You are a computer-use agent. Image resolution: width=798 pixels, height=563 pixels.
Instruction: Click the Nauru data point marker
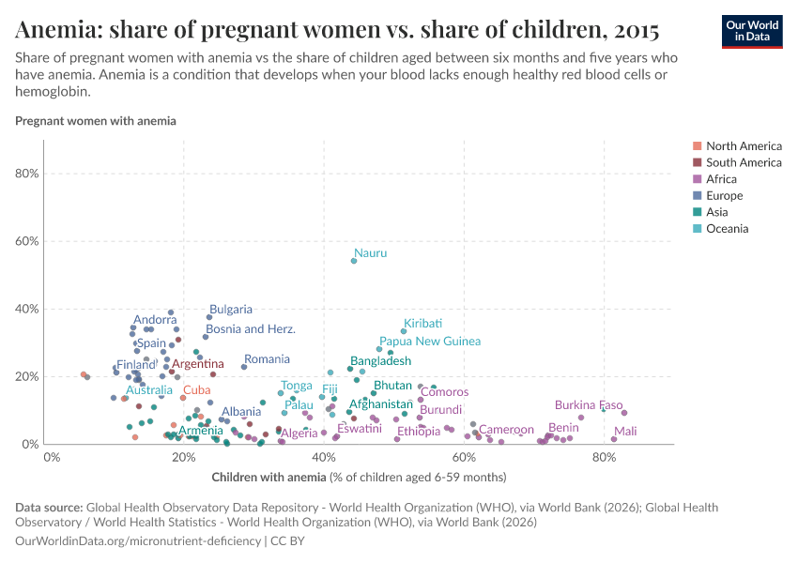point(354,261)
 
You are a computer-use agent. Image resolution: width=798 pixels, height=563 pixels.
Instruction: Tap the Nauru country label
point(371,253)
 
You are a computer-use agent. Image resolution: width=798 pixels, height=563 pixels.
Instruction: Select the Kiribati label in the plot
point(422,323)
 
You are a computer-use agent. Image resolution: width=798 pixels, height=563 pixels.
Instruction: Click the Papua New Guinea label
point(430,342)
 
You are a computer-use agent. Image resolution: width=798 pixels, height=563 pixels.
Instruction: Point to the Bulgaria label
point(231,309)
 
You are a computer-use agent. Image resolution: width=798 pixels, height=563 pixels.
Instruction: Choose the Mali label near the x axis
point(625,432)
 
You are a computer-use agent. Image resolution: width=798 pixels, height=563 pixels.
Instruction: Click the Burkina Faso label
point(589,405)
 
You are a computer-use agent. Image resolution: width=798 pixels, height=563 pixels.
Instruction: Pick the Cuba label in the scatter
point(196,389)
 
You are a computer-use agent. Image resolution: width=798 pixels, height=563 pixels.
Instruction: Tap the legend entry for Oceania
point(728,229)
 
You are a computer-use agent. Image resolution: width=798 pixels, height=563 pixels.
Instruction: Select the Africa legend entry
point(722,179)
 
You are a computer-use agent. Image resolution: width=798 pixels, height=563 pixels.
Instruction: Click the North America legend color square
point(697,146)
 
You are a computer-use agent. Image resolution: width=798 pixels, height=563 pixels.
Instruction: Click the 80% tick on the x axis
point(604,457)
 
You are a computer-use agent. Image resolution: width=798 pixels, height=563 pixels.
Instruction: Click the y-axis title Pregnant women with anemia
point(96,121)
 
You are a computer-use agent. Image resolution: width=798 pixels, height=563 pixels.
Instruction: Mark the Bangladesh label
point(380,361)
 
